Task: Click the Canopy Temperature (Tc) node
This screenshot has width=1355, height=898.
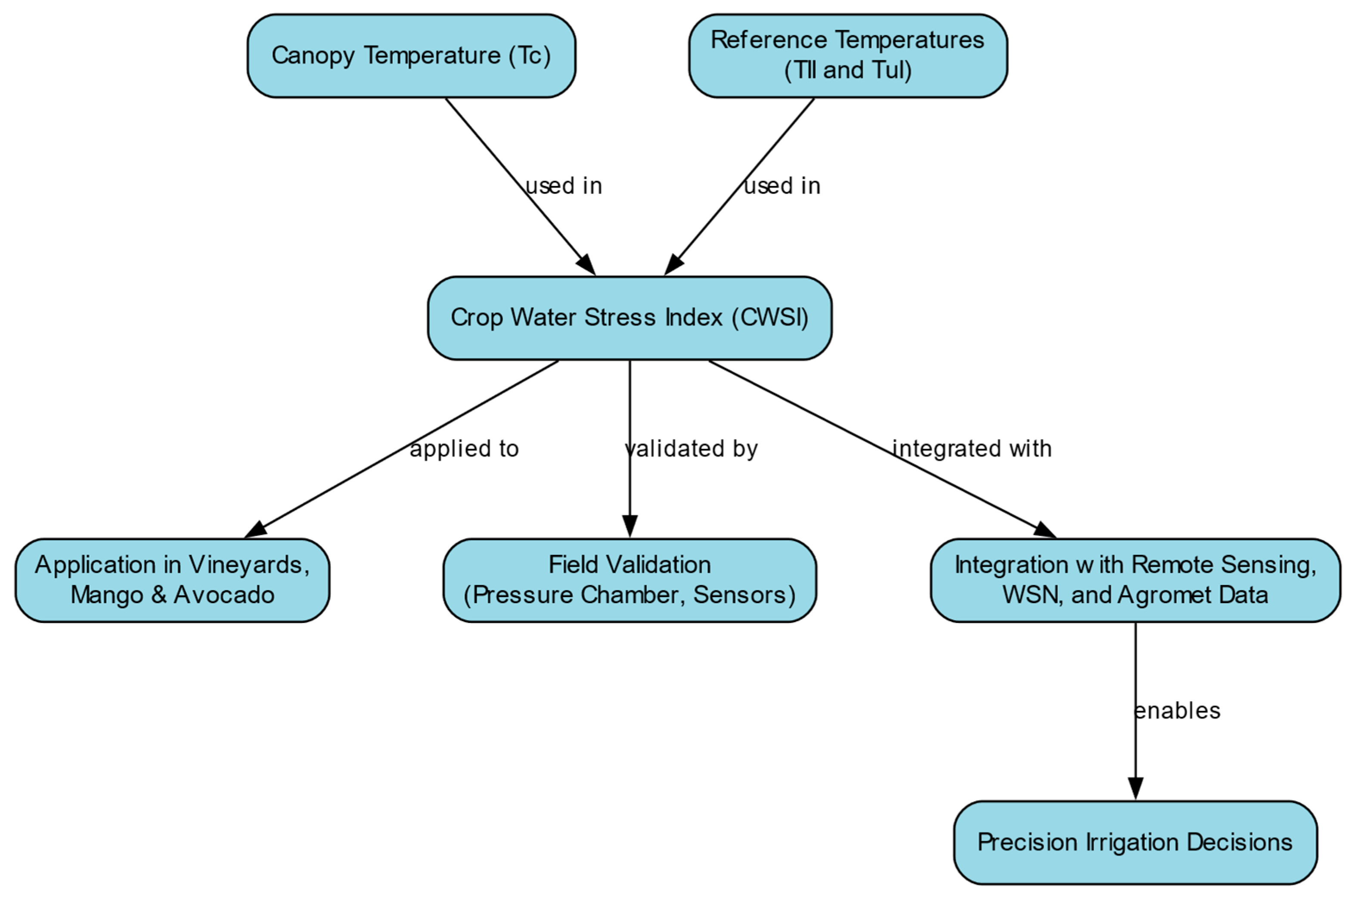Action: click(411, 56)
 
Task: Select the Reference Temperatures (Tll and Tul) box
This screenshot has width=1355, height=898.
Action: click(848, 56)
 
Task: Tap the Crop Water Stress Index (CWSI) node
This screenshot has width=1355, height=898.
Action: click(629, 318)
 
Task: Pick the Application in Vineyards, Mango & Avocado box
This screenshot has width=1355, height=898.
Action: click(172, 580)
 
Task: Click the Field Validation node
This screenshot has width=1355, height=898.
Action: click(629, 580)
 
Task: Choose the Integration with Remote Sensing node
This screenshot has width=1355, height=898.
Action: click(1135, 580)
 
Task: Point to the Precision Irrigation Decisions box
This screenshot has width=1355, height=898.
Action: click(1135, 842)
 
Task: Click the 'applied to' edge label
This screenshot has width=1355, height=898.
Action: click(464, 449)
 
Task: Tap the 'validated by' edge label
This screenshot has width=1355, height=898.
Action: click(691, 449)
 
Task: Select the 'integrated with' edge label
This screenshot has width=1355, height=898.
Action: click(972, 449)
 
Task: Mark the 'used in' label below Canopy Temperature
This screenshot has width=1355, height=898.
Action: click(564, 186)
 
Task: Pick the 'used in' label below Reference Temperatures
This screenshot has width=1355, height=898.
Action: click(782, 186)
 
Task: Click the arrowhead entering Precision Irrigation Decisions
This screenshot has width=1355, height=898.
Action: click(1135, 789)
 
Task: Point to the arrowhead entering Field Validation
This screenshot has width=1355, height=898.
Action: click(629, 526)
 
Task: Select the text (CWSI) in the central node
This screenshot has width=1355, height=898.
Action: click(770, 318)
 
